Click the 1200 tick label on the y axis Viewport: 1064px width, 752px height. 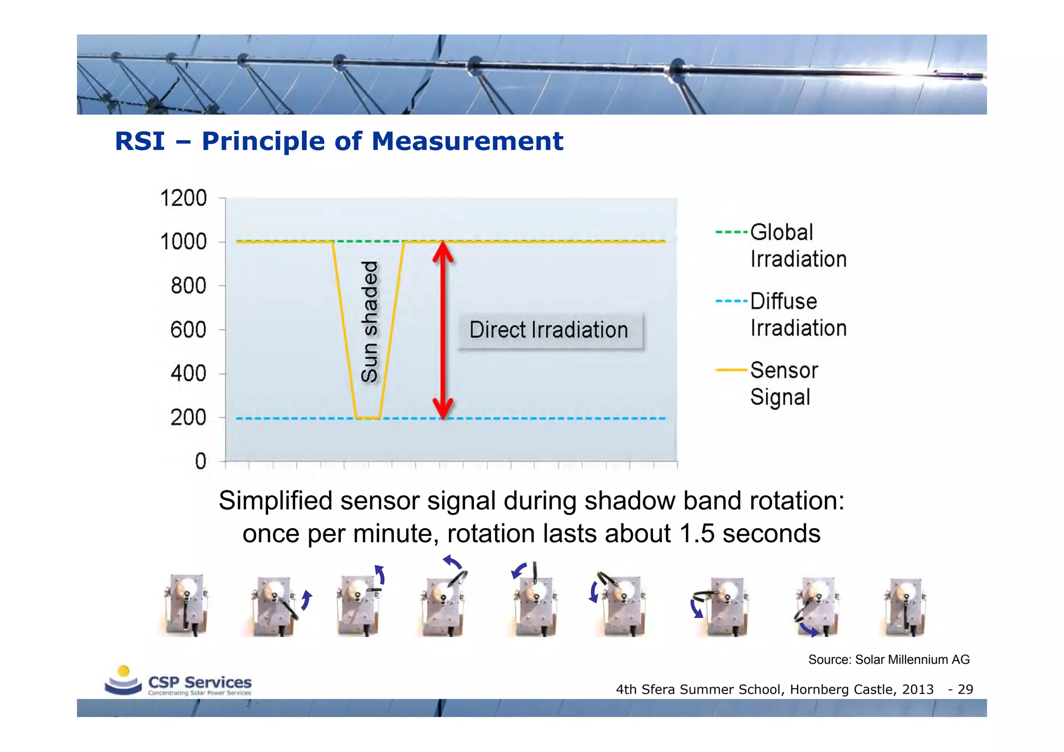pyautogui.click(x=183, y=198)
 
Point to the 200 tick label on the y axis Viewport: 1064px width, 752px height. pyautogui.click(x=188, y=418)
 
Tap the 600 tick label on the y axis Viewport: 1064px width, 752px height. pyautogui.click(x=188, y=330)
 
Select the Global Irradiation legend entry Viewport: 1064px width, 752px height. pyautogui.click(x=781, y=245)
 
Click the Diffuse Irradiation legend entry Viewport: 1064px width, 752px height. pyautogui.click(x=781, y=314)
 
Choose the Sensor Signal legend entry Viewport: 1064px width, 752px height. pyautogui.click(x=768, y=383)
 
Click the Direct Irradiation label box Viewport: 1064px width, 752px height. pyautogui.click(x=549, y=330)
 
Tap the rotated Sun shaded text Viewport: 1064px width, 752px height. pyautogui.click(x=369, y=322)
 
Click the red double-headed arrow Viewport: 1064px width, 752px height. pyautogui.click(x=443, y=330)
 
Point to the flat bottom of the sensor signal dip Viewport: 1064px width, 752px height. pyautogui.click(x=368, y=418)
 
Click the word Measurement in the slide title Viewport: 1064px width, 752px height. pyautogui.click(x=467, y=141)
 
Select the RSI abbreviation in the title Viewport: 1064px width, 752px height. pyautogui.click(x=140, y=141)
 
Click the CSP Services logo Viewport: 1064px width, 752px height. pyautogui.click(x=178, y=681)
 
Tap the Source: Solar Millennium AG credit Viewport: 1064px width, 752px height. pyautogui.click(x=888, y=660)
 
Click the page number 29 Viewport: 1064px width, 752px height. pyautogui.click(x=965, y=690)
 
